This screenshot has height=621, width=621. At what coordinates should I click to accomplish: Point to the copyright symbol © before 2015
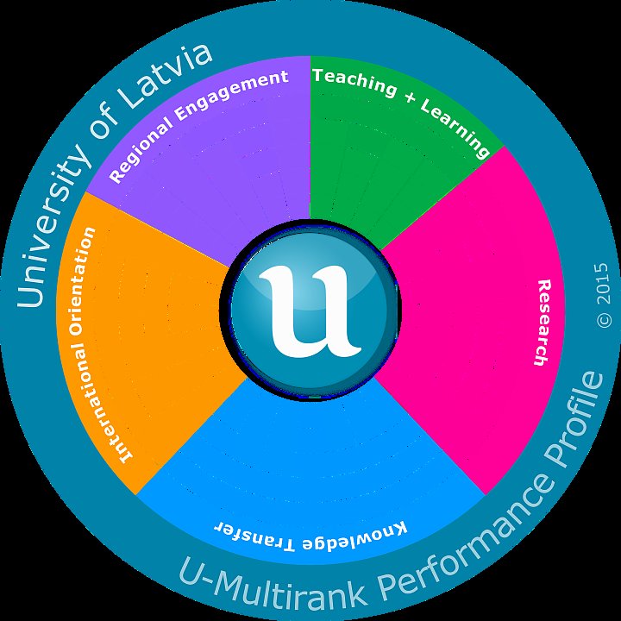604,318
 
